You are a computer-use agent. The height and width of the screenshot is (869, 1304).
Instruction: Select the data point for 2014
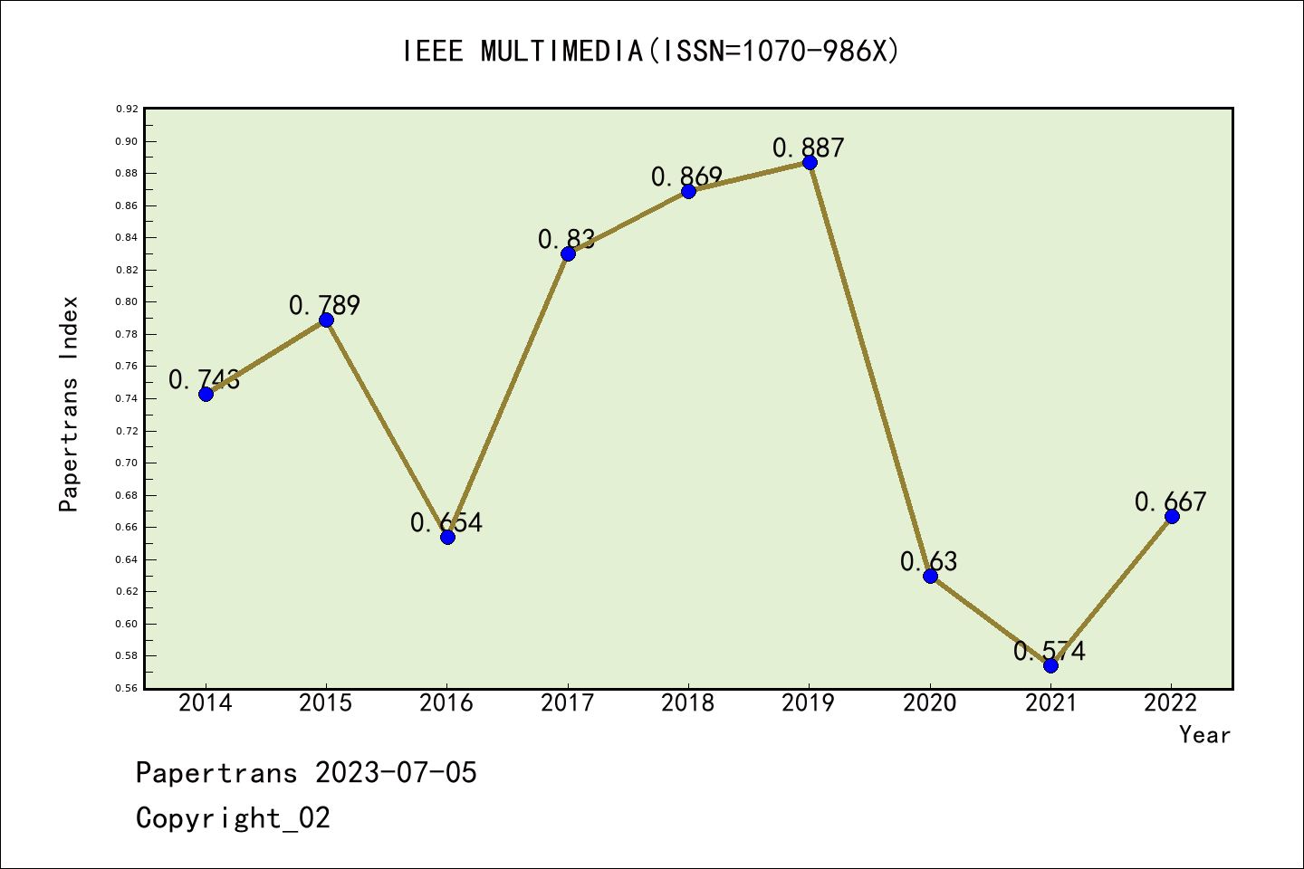pyautogui.click(x=206, y=394)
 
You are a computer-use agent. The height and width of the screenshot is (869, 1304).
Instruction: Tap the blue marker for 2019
pyautogui.click(x=810, y=163)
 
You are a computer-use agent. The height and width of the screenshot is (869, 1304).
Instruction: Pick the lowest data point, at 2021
pyautogui.click(x=1050, y=665)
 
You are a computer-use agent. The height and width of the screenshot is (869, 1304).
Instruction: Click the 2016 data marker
pyautogui.click(x=447, y=537)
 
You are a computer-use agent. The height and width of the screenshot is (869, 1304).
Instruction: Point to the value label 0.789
pyautogui.click(x=325, y=306)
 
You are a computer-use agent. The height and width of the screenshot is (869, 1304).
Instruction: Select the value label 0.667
pyautogui.click(x=1171, y=501)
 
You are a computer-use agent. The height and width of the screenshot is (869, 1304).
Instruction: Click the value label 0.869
pyautogui.click(x=687, y=177)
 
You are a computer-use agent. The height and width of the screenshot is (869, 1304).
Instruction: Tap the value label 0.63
pyautogui.click(x=929, y=561)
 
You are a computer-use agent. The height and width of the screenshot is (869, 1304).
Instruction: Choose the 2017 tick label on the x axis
pyautogui.click(x=568, y=703)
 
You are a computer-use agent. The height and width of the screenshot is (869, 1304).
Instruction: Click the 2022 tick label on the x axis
pyautogui.click(x=1171, y=703)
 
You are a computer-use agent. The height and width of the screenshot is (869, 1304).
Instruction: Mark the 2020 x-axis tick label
pyautogui.click(x=930, y=703)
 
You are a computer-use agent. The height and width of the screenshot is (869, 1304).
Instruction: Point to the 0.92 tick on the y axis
pyautogui.click(x=127, y=110)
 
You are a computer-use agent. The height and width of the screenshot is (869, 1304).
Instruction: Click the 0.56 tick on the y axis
pyautogui.click(x=127, y=689)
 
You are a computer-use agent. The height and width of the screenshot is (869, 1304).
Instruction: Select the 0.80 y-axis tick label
pyautogui.click(x=127, y=302)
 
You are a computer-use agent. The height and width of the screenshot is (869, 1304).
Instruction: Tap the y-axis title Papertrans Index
pyautogui.click(x=70, y=404)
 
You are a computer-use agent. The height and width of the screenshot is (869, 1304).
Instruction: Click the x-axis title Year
pyautogui.click(x=1204, y=735)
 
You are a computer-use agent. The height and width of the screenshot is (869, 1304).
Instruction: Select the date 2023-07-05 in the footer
pyautogui.click(x=396, y=773)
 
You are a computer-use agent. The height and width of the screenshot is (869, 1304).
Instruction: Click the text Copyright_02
pyautogui.click(x=234, y=818)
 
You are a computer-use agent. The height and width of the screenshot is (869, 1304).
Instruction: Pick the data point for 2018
pyautogui.click(x=688, y=191)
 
